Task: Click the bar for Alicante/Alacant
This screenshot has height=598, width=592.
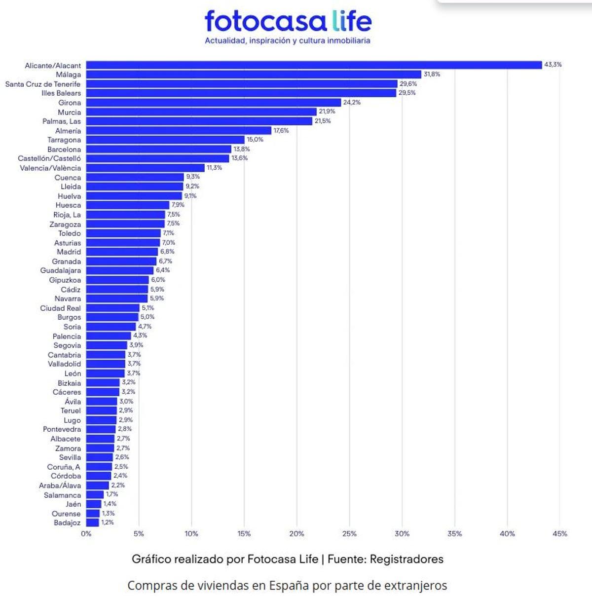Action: [x=314, y=65]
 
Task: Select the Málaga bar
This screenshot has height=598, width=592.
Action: [x=254, y=75]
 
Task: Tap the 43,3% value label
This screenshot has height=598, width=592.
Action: [x=553, y=65]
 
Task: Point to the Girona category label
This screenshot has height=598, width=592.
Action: [x=70, y=103]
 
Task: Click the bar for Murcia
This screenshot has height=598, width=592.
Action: [x=201, y=112]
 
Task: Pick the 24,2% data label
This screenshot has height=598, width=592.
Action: [x=352, y=102]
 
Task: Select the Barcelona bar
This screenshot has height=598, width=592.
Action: [x=158, y=149]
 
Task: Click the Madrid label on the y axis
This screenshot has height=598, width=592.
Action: [x=69, y=252]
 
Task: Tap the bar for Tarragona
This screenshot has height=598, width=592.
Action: [x=165, y=140]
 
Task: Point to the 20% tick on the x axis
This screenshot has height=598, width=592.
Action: [x=296, y=534]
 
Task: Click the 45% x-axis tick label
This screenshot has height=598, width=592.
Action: [x=560, y=534]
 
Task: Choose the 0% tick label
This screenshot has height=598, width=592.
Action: [x=86, y=534]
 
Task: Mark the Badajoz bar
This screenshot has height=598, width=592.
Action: [x=93, y=523]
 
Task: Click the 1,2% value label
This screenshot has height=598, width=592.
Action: [x=108, y=523]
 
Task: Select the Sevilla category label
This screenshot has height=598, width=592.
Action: [x=70, y=457]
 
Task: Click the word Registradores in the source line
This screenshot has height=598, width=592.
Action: [x=407, y=559]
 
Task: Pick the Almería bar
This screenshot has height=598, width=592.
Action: [x=179, y=131]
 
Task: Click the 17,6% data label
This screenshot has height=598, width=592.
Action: [x=281, y=130]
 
